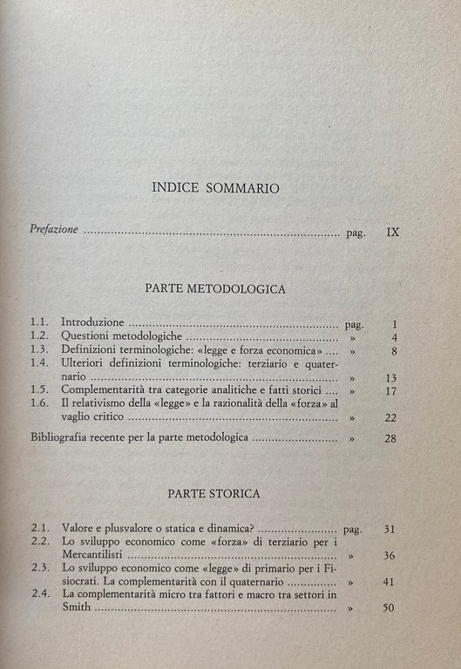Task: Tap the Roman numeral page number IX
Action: (392, 232)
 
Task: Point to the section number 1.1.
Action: (39, 323)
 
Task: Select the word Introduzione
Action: (97, 323)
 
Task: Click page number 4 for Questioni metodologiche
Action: (395, 338)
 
